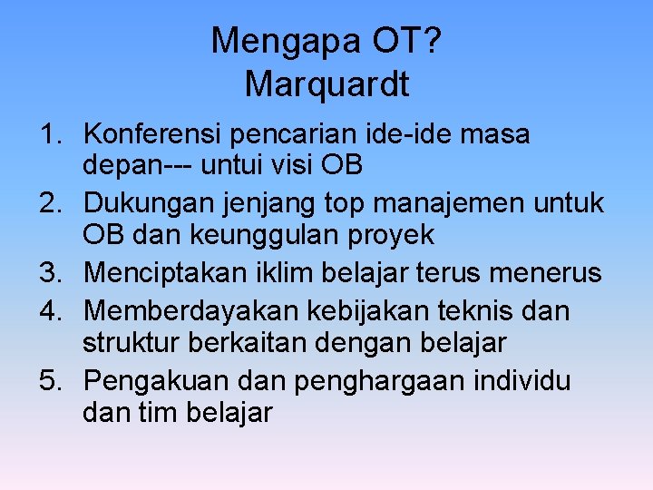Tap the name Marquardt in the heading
pos(326,84)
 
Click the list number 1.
pos(50,135)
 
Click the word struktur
pos(127,343)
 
